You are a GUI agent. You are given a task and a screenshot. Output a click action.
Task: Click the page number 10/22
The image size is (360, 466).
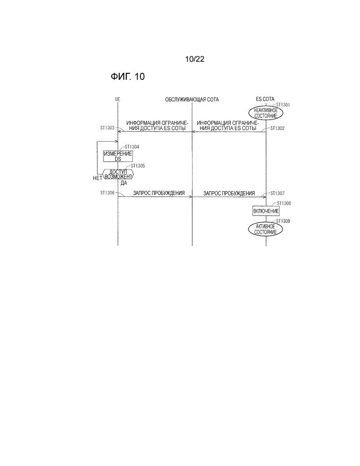pyautogui.click(x=194, y=59)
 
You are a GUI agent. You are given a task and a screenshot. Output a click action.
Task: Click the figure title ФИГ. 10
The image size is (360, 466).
pyautogui.click(x=127, y=77)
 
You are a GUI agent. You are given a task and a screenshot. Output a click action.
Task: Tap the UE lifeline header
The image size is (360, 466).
pyautogui.click(x=118, y=99)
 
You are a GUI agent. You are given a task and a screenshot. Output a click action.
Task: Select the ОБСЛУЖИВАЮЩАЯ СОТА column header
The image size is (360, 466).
pyautogui.click(x=192, y=99)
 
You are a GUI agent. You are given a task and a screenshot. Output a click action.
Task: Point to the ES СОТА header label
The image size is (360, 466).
pyautogui.click(x=265, y=99)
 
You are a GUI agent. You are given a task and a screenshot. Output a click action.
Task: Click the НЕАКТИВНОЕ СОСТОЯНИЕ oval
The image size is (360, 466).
pyautogui.click(x=265, y=113)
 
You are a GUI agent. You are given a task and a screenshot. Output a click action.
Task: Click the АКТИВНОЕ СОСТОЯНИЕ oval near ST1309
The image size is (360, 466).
pyautogui.click(x=265, y=229)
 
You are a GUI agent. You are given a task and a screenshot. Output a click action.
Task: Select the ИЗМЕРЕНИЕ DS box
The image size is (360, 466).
pyautogui.click(x=118, y=156)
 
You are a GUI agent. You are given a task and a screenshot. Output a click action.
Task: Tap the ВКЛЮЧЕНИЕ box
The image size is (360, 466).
pyautogui.click(x=266, y=211)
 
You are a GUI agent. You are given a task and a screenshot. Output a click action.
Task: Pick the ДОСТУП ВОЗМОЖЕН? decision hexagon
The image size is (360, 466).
pyautogui.click(x=118, y=174)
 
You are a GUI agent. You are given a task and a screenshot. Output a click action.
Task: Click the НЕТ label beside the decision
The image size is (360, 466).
pyautogui.click(x=97, y=178)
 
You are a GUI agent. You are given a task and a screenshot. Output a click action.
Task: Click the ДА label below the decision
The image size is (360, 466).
pyautogui.click(x=124, y=183)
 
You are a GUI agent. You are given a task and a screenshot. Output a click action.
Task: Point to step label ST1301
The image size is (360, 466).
pyautogui.click(x=283, y=105)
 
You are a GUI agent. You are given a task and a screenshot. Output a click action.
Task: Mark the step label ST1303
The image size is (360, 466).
pyautogui.click(x=107, y=128)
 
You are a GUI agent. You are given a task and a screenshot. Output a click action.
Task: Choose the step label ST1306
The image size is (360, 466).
pyautogui.click(x=107, y=193)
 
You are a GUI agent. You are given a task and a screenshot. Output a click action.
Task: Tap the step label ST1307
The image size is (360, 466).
pyautogui.click(x=277, y=194)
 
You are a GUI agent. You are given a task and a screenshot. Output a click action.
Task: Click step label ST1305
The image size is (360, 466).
pyautogui.click(x=138, y=166)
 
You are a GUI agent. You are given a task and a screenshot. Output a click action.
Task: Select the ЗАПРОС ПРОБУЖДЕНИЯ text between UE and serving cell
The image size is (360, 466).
pyautogui.click(x=159, y=193)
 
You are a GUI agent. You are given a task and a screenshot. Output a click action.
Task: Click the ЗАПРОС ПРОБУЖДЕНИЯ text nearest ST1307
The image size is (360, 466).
pyautogui.click(x=229, y=194)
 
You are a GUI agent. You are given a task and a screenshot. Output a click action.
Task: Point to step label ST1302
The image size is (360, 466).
pyautogui.click(x=277, y=128)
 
